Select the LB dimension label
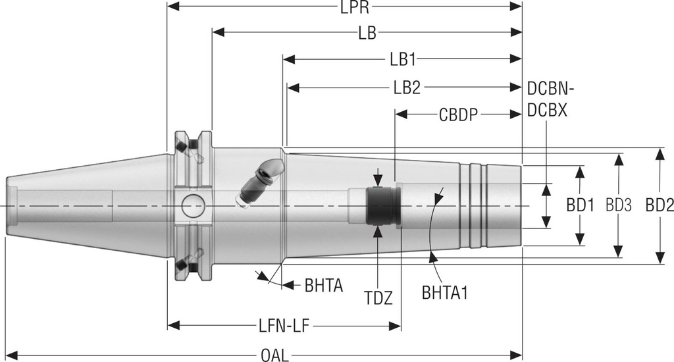[367, 33]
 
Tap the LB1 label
[402, 60]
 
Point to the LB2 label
[407, 88]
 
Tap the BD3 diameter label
[619, 205]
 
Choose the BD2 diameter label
[659, 205]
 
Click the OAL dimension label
[270, 356]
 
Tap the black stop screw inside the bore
[382, 206]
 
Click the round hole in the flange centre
[193, 205]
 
